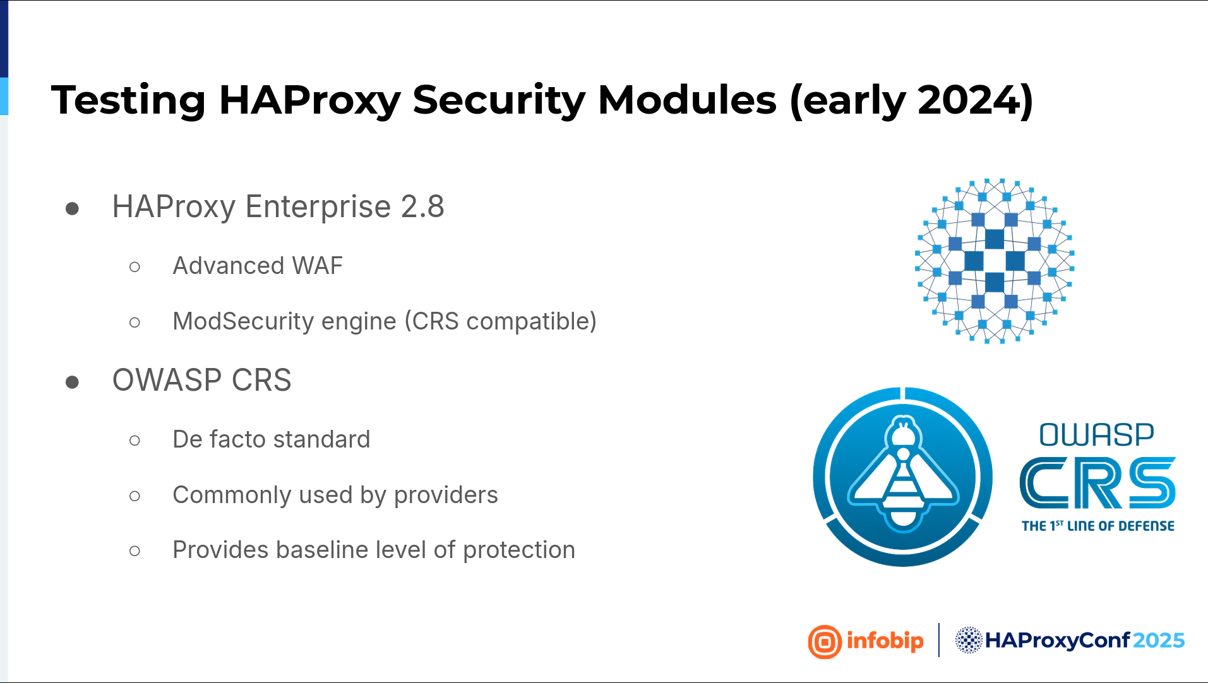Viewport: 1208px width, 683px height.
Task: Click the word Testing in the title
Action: click(x=129, y=100)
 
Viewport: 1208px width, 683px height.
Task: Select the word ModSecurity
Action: click(x=243, y=321)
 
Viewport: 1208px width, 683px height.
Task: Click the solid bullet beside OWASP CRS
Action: click(x=72, y=381)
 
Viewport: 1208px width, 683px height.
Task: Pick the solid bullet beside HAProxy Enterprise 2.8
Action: click(x=72, y=208)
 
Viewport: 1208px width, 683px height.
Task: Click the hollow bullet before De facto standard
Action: click(x=135, y=440)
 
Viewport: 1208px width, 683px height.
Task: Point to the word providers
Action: click(x=446, y=495)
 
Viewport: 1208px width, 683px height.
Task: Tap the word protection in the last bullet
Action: click(x=519, y=550)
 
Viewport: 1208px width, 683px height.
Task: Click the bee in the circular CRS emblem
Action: click(x=904, y=476)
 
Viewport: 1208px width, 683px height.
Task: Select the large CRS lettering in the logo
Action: click(x=1097, y=483)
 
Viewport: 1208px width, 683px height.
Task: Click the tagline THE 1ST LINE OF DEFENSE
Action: click(x=1098, y=526)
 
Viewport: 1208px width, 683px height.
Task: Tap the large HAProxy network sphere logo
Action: click(x=995, y=261)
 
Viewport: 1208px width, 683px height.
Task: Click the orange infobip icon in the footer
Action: click(x=825, y=642)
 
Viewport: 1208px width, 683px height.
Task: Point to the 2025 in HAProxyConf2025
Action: click(x=1159, y=641)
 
